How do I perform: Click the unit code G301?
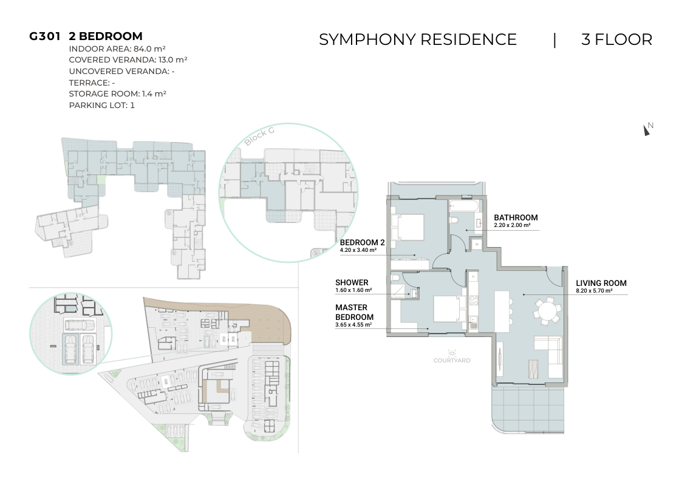point(44,36)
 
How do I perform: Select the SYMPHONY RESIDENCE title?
point(418,39)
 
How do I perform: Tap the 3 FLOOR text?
point(617,39)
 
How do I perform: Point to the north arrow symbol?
point(647,129)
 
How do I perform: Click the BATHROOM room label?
point(516,217)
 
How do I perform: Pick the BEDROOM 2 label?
point(362,243)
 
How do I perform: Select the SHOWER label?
point(352,282)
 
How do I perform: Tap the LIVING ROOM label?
point(601,283)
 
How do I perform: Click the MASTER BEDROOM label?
point(354,312)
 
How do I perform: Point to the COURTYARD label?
point(452,361)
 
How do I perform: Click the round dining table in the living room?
point(548,311)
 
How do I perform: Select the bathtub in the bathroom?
point(464,206)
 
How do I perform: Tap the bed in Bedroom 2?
point(408,227)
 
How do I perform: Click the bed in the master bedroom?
point(450,309)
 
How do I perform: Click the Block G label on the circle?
point(259,137)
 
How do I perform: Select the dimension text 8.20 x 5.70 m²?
point(594,291)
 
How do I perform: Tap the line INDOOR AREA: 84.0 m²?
point(117,49)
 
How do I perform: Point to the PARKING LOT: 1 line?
point(102,105)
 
